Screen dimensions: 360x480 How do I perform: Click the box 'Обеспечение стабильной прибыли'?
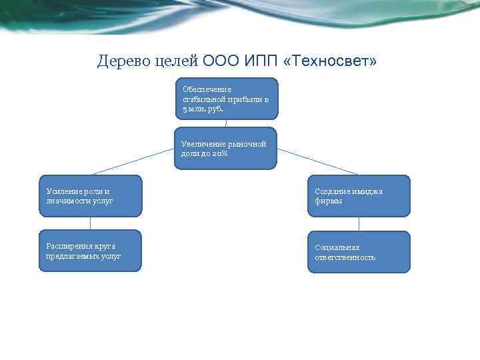coord(226,99)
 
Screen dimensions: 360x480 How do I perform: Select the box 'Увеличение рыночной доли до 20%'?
coord(225,148)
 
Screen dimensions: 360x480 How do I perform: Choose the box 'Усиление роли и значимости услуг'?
coord(89,196)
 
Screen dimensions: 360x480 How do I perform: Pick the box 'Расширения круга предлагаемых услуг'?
coord(89,251)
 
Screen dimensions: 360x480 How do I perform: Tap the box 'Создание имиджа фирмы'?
coord(359,196)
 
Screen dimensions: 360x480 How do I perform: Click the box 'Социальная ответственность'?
coord(359,252)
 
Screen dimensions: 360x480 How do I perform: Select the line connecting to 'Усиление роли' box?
coord(133,161)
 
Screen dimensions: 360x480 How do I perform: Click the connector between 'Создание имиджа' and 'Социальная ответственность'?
coord(359,224)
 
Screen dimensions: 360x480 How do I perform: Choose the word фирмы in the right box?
coord(329,201)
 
